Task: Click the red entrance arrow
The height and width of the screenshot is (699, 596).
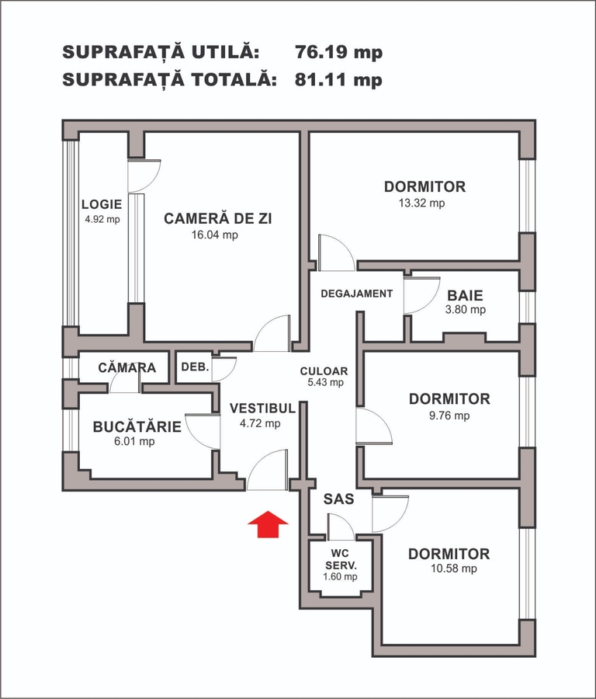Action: coord(269,524)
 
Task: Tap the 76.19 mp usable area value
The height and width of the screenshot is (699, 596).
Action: coord(338,52)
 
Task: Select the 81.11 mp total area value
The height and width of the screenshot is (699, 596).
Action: coord(338,80)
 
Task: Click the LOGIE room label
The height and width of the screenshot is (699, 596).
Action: coord(102,204)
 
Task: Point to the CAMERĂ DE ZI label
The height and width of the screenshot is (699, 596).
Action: coord(218,218)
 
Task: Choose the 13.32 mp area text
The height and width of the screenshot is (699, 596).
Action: coord(422,203)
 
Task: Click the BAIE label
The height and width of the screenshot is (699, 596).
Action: coord(465,295)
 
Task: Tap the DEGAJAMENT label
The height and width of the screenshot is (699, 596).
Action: coord(357,294)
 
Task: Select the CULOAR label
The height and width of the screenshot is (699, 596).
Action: coord(324,371)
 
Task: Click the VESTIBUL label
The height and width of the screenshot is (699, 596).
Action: coord(263,409)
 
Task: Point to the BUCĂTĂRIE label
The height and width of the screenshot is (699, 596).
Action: coord(137,426)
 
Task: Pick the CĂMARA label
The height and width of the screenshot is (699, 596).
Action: coord(127,367)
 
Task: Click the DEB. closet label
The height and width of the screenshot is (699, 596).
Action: coord(195,367)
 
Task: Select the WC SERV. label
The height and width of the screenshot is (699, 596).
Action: coord(341,559)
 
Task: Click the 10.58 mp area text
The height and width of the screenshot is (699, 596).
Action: coord(454,569)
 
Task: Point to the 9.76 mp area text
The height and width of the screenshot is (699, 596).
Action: coord(449,416)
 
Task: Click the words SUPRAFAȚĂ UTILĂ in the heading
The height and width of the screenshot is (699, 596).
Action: coord(161,52)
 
